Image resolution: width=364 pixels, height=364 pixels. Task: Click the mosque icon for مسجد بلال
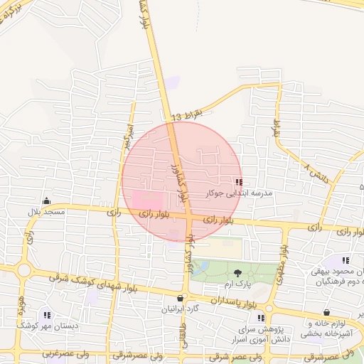pos(47,202)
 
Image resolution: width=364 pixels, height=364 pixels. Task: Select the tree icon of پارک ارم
pos(237,273)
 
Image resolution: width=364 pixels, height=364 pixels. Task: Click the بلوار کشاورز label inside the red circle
pos(181,181)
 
